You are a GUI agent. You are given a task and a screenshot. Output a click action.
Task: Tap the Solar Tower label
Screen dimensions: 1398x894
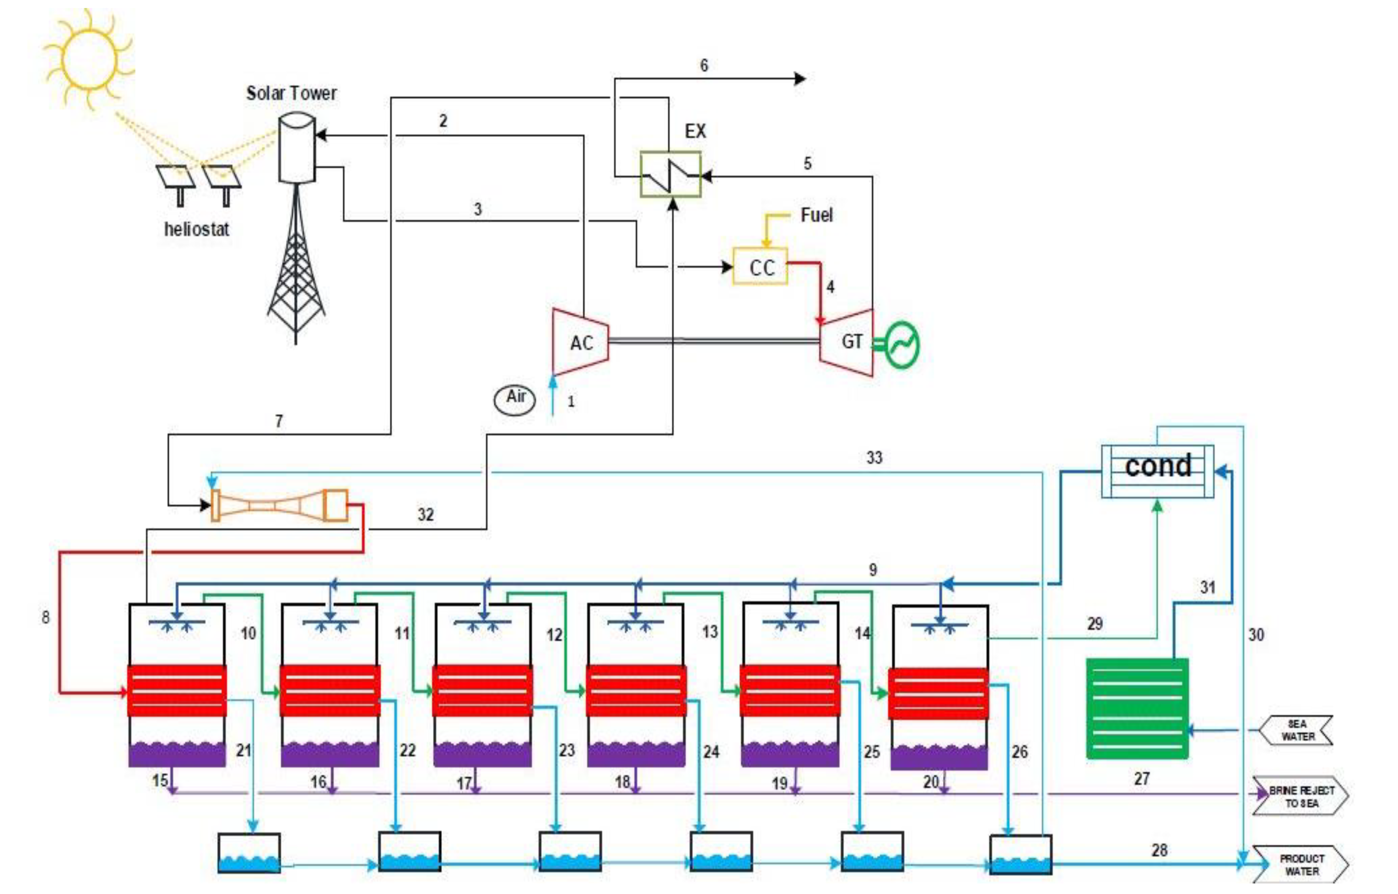(x=291, y=93)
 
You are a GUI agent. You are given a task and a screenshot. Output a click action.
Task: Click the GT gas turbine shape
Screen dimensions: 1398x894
(x=846, y=342)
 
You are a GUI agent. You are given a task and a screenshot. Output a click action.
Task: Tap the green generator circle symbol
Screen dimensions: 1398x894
(x=901, y=345)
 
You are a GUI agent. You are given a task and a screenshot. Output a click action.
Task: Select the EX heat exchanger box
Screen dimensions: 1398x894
(x=670, y=174)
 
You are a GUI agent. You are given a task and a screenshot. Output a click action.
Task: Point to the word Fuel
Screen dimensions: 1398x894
(x=816, y=215)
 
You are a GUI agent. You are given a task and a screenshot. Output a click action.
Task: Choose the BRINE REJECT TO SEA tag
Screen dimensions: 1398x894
(x=1300, y=796)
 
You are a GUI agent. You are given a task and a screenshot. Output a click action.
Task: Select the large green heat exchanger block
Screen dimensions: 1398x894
(x=1137, y=708)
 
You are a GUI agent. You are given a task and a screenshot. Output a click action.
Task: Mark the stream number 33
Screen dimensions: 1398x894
(x=874, y=458)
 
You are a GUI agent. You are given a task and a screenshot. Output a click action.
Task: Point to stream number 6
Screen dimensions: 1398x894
(x=704, y=65)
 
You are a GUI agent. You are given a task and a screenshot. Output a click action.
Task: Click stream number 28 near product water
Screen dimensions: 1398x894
(x=1159, y=850)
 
